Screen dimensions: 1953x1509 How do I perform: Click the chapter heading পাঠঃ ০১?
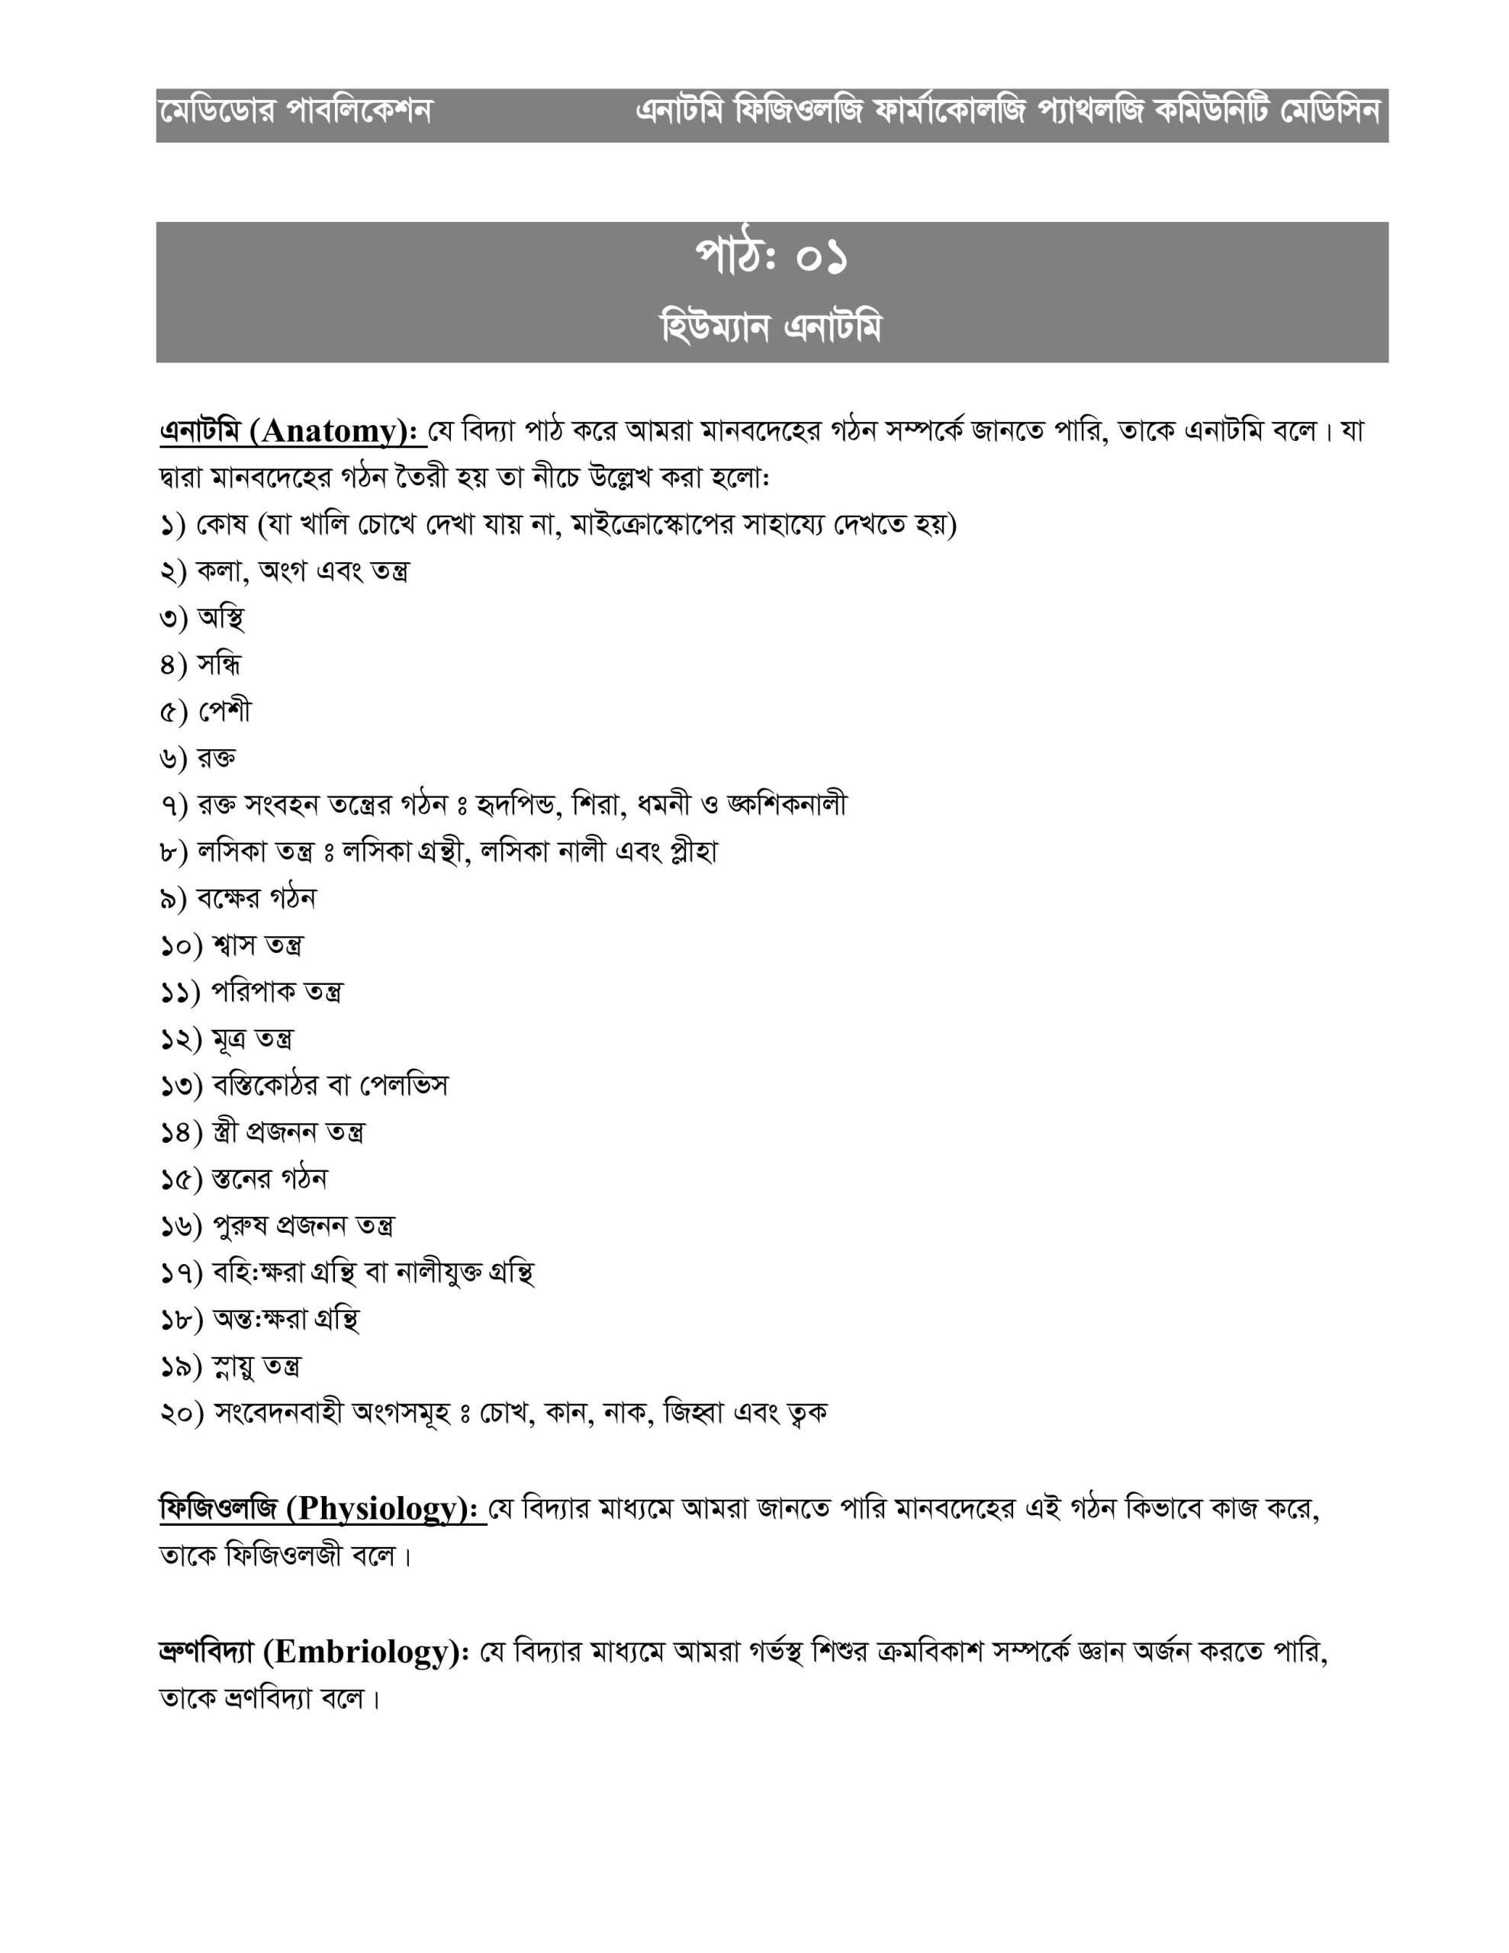pyautogui.click(x=771, y=258)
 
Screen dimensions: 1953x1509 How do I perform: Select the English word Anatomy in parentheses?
pyautogui.click(x=328, y=432)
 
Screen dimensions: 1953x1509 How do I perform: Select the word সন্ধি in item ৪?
pyautogui.click(x=219, y=664)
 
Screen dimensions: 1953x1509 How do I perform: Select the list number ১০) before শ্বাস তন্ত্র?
pyautogui.click(x=182, y=945)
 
